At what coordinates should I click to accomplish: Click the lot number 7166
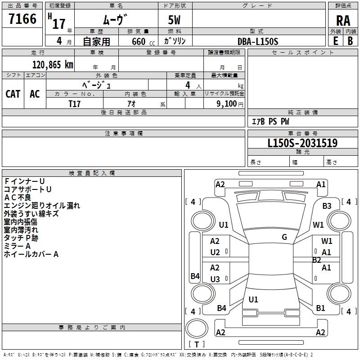(22, 19)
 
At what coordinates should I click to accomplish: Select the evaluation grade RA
(343, 20)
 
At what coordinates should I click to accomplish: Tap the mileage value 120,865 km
(53, 65)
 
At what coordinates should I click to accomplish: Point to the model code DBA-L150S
(258, 41)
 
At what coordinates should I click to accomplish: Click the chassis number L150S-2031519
(302, 143)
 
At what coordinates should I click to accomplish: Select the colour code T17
(75, 103)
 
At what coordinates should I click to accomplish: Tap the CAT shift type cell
(13, 94)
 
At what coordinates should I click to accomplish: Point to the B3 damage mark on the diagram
(327, 206)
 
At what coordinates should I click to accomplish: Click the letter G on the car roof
(284, 237)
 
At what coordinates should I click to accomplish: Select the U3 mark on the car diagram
(215, 279)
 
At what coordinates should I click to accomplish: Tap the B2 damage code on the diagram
(317, 260)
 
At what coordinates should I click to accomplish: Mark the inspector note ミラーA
(17, 246)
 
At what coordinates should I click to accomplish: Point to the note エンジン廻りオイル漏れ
(42, 206)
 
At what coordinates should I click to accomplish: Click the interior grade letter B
(350, 40)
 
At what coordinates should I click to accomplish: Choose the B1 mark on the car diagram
(320, 308)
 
